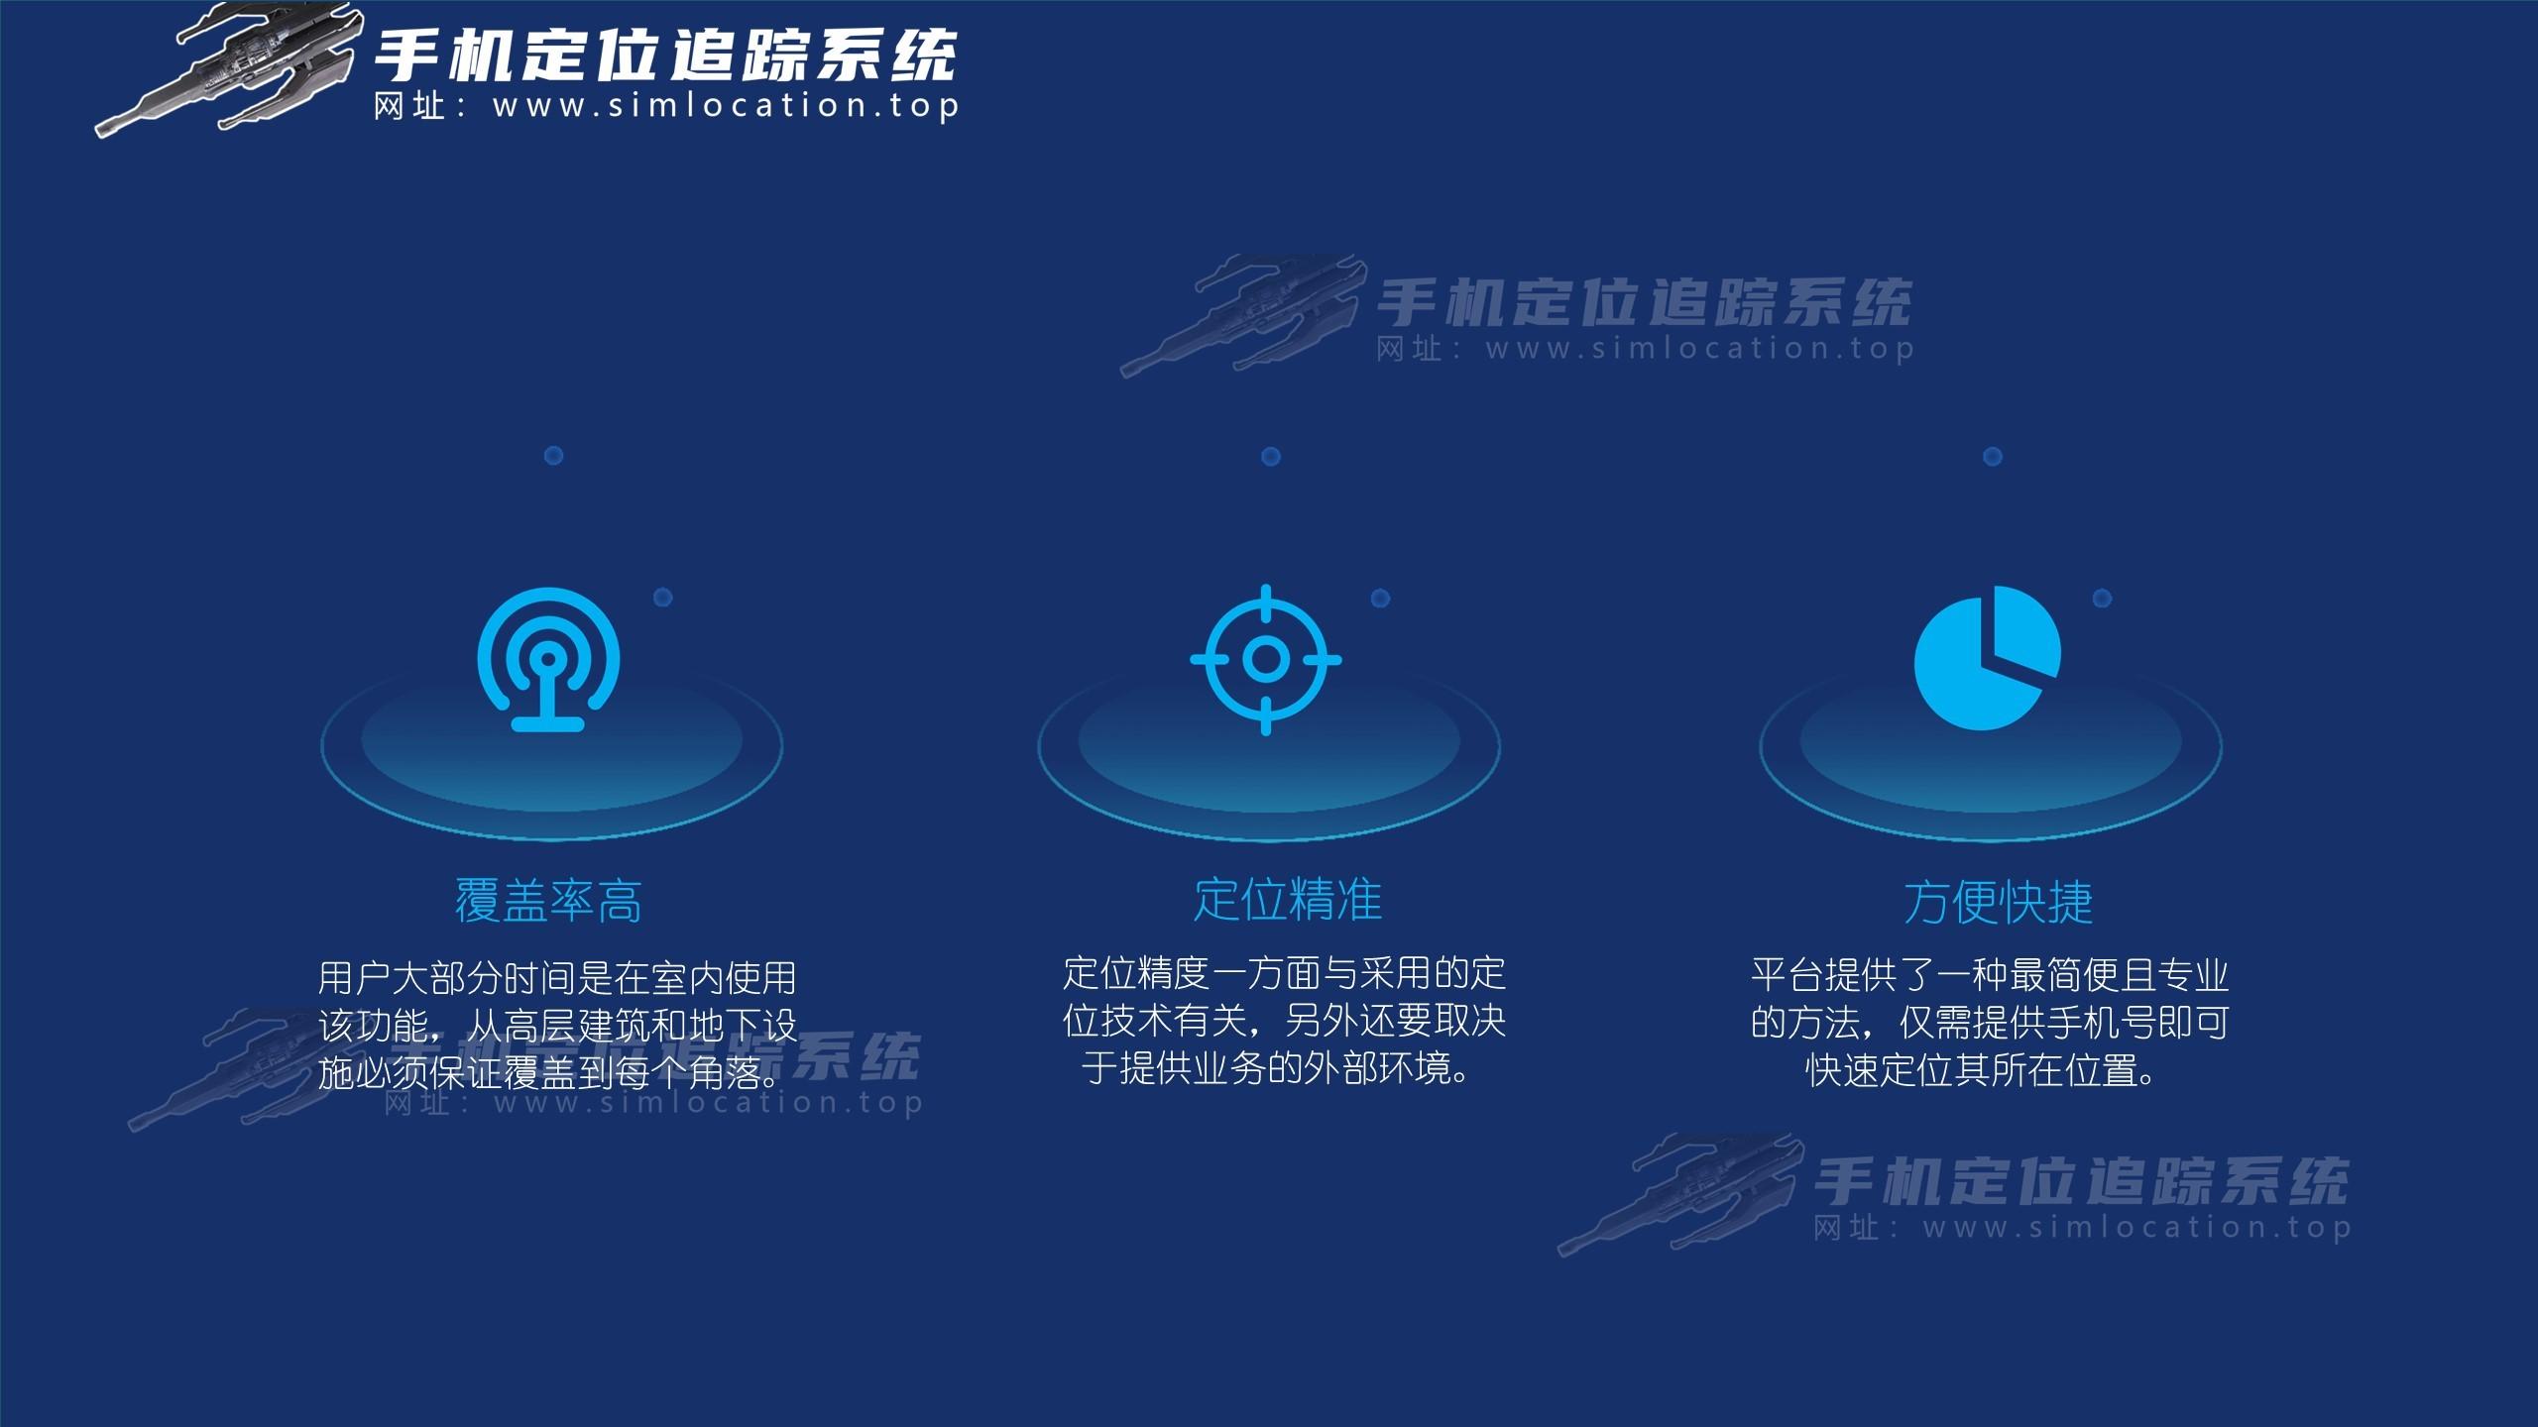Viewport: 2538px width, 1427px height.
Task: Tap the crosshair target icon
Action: click(1266, 660)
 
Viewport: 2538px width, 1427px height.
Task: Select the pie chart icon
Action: click(1987, 658)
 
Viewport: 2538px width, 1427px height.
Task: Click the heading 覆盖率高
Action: click(548, 902)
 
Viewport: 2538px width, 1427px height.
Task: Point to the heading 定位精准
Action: click(1287, 900)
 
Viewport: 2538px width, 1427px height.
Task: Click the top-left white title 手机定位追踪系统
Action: click(665, 55)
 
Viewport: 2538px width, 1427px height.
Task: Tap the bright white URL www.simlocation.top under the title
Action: click(727, 106)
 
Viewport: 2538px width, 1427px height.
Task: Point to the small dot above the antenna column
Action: click(554, 456)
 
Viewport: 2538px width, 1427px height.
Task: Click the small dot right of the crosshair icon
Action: click(1380, 599)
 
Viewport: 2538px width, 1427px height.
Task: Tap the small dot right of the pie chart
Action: click(2102, 599)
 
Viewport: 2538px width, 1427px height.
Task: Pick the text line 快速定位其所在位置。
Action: click(1983, 1071)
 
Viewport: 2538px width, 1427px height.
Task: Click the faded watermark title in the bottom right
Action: click(2081, 1181)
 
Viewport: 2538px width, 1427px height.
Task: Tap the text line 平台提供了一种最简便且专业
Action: click(1990, 976)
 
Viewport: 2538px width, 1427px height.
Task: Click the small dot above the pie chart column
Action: click(1993, 457)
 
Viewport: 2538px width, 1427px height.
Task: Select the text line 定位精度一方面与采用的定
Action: click(1285, 974)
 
